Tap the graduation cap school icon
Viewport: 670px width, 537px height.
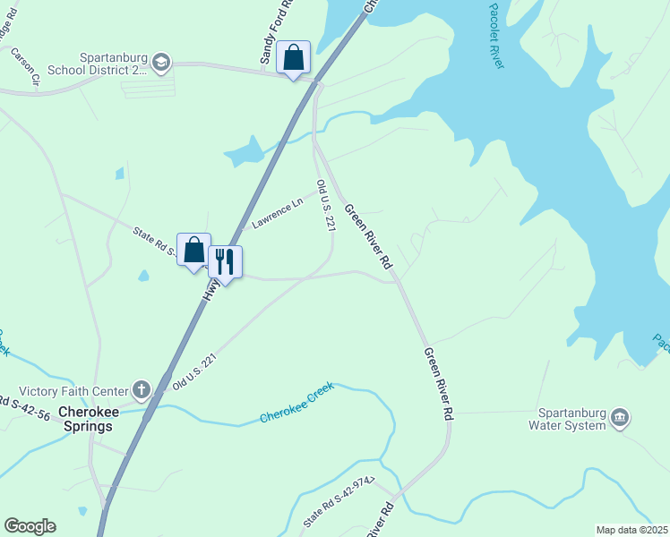click(161, 61)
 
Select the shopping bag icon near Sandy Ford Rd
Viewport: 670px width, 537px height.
click(293, 58)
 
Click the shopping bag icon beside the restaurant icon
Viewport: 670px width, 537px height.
click(193, 251)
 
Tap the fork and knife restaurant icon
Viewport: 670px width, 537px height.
click(225, 262)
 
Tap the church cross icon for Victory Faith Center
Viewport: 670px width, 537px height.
click(141, 389)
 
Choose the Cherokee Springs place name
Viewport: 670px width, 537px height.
click(86, 419)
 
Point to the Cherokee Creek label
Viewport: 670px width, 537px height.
click(296, 404)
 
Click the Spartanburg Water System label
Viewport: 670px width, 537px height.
click(572, 419)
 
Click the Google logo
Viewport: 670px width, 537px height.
click(30, 526)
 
